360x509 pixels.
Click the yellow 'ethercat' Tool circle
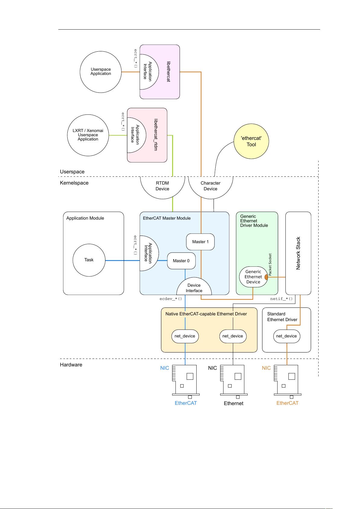(251, 141)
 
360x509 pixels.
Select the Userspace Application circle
(101, 72)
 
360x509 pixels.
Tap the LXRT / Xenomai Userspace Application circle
(88, 135)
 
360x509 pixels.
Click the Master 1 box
(200, 242)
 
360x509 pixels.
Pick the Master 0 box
(181, 261)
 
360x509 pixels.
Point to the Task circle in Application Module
(89, 260)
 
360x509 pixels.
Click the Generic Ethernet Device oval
(253, 277)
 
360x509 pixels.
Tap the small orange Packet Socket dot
(266, 277)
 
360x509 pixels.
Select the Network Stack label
(298, 253)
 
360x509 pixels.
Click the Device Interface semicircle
(194, 288)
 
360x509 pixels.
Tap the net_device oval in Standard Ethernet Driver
(286, 336)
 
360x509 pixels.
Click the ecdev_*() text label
(171, 299)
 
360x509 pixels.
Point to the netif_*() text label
(281, 299)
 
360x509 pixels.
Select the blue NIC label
(165, 368)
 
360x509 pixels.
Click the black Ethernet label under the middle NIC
(233, 403)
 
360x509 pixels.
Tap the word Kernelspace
(74, 183)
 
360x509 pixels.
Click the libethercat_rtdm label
(156, 135)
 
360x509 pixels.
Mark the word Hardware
(71, 365)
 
